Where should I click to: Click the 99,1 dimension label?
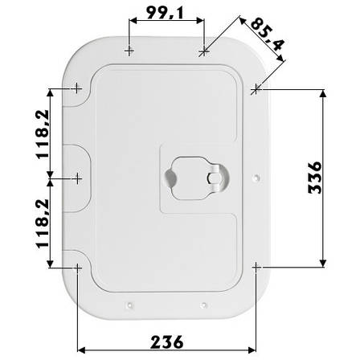click(x=166, y=14)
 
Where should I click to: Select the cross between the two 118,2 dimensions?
click(x=76, y=175)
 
